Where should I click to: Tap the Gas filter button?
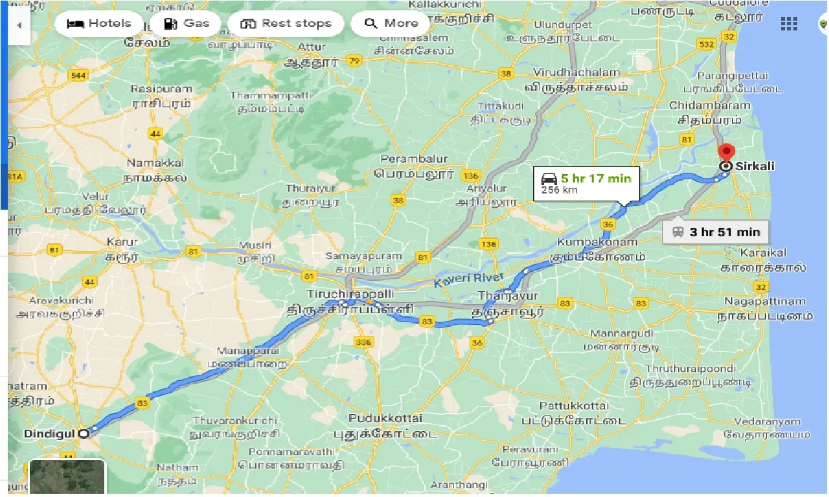(187, 24)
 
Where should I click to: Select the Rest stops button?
(286, 24)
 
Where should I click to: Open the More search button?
(391, 24)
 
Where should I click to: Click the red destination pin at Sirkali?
(726, 153)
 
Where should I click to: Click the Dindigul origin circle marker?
(83, 434)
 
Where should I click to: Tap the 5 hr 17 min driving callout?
(585, 184)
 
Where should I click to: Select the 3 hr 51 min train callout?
(715, 232)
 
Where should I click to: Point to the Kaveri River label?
(468, 278)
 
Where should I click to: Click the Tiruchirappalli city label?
(350, 294)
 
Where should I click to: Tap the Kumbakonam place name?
(597, 242)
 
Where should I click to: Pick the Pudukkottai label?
(385, 418)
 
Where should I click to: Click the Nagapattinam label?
(765, 302)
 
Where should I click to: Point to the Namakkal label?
(155, 163)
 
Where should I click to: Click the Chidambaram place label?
(710, 105)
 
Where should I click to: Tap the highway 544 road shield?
(78, 76)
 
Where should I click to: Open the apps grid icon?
(789, 24)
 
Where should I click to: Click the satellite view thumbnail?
(67, 477)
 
